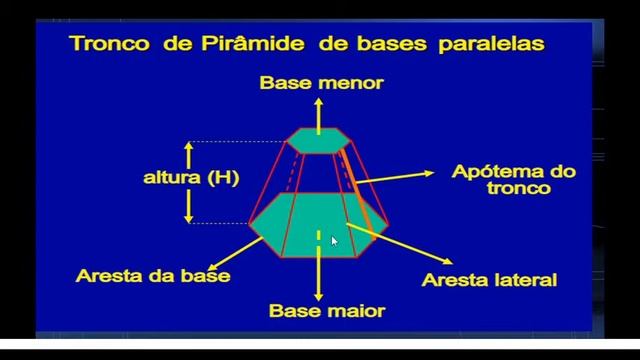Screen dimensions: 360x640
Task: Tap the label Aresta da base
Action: [153, 273]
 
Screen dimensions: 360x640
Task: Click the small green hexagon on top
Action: [319, 139]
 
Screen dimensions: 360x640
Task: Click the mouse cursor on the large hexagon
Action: [334, 240]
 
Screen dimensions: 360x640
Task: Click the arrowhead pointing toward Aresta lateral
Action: [414, 266]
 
